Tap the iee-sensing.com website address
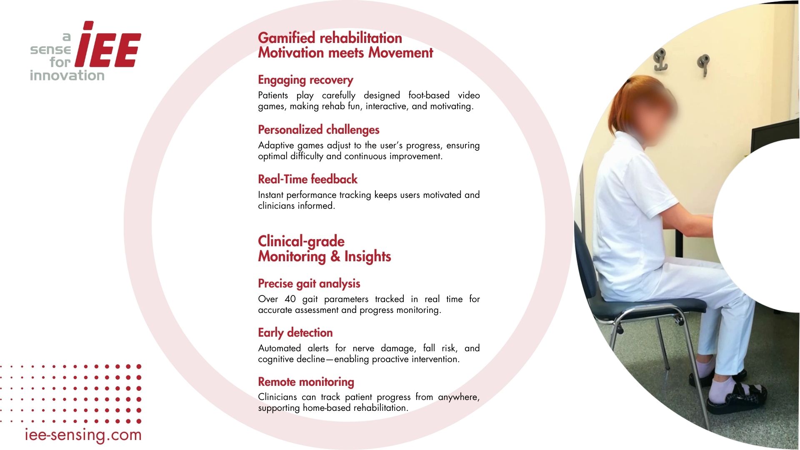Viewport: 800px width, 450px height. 83,435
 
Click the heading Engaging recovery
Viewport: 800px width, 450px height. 305,80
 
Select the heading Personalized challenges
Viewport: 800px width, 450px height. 319,130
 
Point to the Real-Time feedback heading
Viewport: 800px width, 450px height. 308,179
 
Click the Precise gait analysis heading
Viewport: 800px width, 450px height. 309,284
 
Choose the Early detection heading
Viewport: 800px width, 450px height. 295,333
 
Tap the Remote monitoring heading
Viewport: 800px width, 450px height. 306,382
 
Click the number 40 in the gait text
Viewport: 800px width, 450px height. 290,299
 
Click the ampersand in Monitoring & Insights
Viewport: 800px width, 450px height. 335,256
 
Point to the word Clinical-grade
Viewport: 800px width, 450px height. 301,242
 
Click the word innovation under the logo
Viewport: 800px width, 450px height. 67,75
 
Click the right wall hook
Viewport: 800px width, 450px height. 703,65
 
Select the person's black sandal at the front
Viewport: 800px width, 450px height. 737,399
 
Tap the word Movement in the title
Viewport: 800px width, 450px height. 401,53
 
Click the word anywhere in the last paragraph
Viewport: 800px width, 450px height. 459,397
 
